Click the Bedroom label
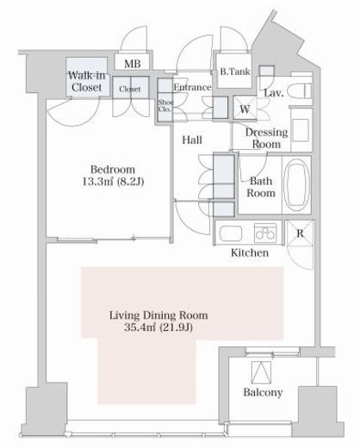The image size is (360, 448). tap(113, 170)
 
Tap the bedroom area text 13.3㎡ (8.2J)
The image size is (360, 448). tap(113, 182)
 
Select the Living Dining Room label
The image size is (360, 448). tap(158, 315)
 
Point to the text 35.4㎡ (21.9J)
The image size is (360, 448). tap(158, 327)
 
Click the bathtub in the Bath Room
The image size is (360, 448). tap(297, 184)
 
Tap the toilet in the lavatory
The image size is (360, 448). tap(300, 90)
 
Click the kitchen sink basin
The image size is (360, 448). tap(231, 233)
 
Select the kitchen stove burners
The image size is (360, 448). tap(265, 233)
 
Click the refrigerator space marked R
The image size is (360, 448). tap(300, 233)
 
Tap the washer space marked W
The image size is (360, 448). tap(245, 109)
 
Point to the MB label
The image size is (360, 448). tap(133, 64)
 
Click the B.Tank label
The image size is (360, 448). tap(235, 72)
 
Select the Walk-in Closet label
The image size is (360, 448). tap(86, 82)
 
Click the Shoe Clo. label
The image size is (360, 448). tap(165, 106)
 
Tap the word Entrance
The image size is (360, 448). tap(192, 87)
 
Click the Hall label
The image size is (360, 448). tap(192, 140)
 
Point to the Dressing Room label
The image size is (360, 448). tap(266, 138)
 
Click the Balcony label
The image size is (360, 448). tap(263, 392)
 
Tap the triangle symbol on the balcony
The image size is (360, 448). tap(261, 372)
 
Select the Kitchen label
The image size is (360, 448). tap(250, 252)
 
